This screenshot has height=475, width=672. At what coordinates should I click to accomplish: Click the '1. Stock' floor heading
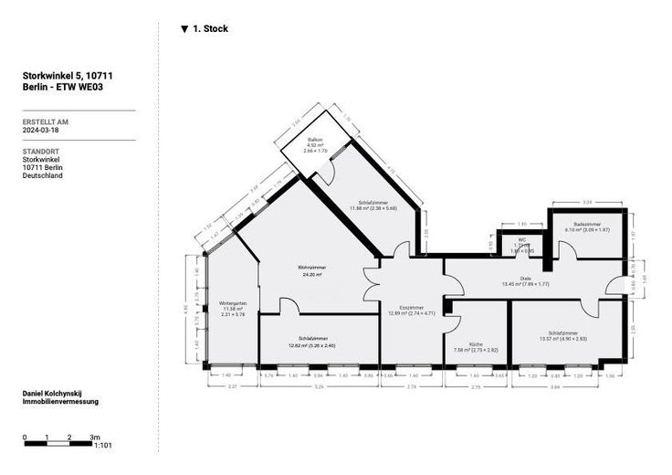[x=211, y=29]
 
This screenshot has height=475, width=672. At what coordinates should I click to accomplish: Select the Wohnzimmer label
[x=311, y=267]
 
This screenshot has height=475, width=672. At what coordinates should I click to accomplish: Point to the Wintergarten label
[x=233, y=303]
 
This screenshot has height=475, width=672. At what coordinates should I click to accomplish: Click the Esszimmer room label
[x=412, y=308]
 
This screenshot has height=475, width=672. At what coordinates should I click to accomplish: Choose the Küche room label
[x=476, y=345]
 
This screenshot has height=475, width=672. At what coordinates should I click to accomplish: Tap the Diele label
[x=525, y=278]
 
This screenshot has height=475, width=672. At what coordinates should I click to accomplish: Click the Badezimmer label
[x=586, y=225]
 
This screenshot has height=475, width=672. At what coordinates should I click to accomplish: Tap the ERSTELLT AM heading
[x=45, y=121]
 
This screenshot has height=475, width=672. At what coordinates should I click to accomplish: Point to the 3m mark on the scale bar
[x=95, y=437]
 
